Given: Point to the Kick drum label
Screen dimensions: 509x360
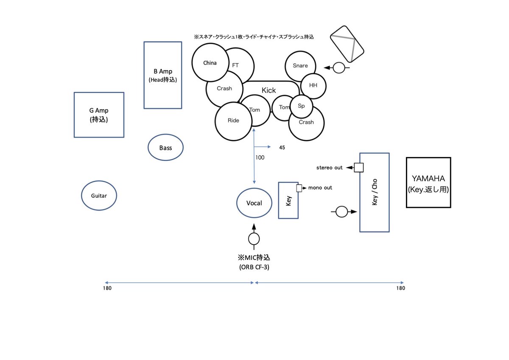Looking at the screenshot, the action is coord(268,90).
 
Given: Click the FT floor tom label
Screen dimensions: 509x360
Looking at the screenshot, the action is coord(235,65).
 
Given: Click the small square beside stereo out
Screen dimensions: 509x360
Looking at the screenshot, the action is coord(359,168).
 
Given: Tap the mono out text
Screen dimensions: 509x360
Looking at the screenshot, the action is coord(320,188).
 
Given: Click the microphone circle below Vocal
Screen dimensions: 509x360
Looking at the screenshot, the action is coord(254,239).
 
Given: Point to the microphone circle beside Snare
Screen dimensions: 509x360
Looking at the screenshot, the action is coord(339,67).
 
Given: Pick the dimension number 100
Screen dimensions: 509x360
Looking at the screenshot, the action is coord(260,157).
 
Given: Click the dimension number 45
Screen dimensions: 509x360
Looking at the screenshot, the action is coord(282,148).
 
